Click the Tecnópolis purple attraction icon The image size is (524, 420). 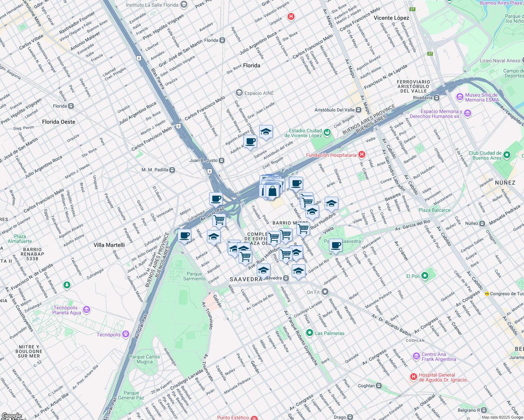pos(126,334)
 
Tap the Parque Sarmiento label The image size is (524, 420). pos(194,276)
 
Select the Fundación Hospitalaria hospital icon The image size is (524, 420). pos(362,154)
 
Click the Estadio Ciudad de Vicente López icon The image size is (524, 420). pos(327,132)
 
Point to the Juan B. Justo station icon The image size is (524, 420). pos(222,160)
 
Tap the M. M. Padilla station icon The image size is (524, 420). pos(172,170)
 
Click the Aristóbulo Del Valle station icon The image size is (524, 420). pos(359,110)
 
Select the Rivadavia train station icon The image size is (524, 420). pos(437,98)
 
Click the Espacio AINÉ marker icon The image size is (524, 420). pos(239,93)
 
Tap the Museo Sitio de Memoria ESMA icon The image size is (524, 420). pos(460,97)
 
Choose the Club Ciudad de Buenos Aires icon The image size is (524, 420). pos(506,155)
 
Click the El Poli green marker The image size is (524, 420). pos(425,276)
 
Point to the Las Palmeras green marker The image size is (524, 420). pos(309,333)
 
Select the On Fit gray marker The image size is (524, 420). pos(325,292)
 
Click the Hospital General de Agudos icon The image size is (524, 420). pos(414,377)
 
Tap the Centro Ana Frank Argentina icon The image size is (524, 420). pos(416,356)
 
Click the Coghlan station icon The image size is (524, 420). pos(379,386)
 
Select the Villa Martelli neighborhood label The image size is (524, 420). pos(109,245)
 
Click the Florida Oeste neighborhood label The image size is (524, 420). pos(58,122)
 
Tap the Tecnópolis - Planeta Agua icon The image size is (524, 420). pos(87,309)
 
